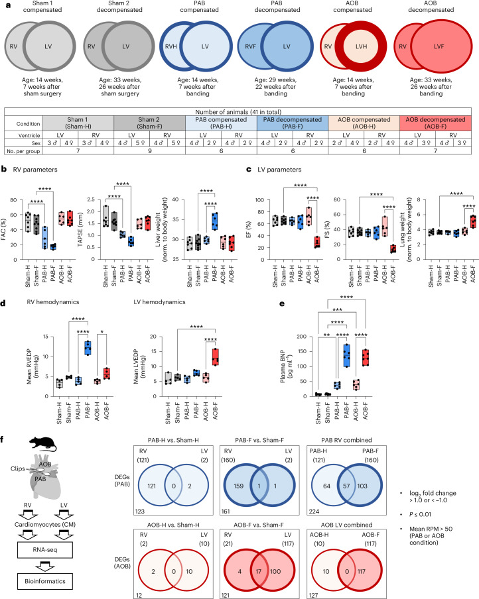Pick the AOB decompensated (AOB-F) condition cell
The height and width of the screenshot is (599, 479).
[430, 129]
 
